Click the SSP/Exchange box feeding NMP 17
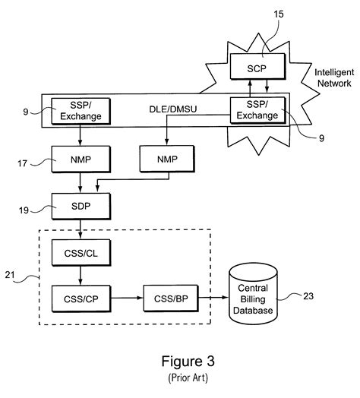tap(76, 111)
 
